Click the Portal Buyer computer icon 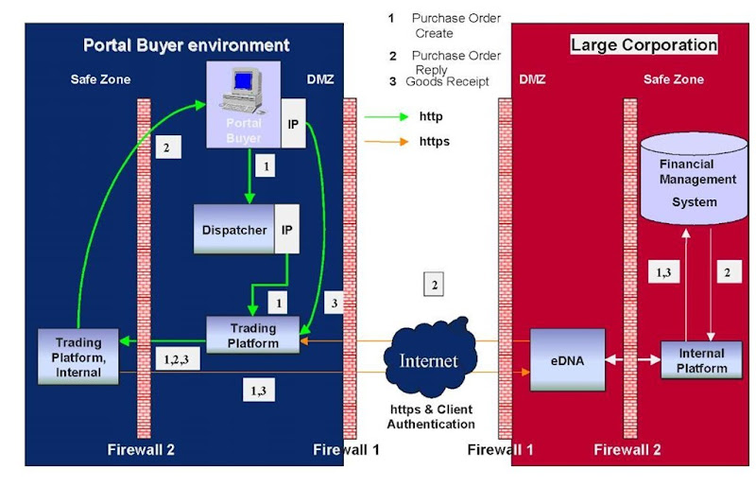click(x=242, y=94)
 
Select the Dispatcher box click(x=235, y=230)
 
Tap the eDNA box click(x=567, y=360)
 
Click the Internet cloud click(x=428, y=360)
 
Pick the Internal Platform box click(x=701, y=360)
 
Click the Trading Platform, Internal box click(x=78, y=357)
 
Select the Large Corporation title click(x=644, y=44)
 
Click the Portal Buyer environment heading click(x=186, y=44)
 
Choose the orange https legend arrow click(x=385, y=142)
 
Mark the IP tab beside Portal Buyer click(x=293, y=124)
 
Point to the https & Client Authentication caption click(x=432, y=416)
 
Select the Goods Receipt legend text click(x=447, y=82)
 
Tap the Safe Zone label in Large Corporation click(x=674, y=79)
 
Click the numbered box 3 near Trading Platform click(x=332, y=304)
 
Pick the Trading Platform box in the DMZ click(x=254, y=336)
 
